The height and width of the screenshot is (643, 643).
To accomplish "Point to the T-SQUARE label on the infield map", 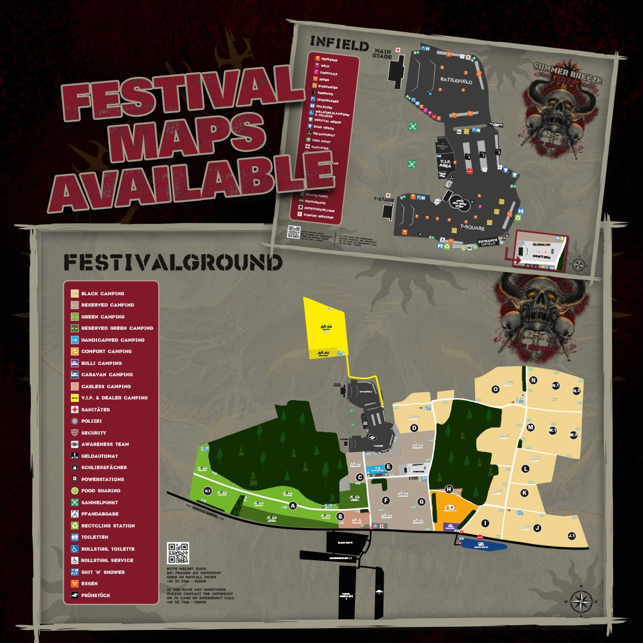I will pos(472,227).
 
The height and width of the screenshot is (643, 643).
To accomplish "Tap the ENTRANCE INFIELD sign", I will pos(488,242).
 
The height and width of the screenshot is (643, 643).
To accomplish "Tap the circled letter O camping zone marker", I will pos(495,389).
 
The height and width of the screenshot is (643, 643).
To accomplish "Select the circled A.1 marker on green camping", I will pos(207,491).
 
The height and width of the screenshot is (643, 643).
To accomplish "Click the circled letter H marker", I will pos(449,489).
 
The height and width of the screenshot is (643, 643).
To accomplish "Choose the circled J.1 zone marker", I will pos(572,536).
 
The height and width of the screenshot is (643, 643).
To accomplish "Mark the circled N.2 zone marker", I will pos(576,391).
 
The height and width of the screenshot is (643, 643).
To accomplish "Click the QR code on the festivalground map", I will pos(178,553).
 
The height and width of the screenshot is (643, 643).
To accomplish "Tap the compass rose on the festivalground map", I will pos(580,602).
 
